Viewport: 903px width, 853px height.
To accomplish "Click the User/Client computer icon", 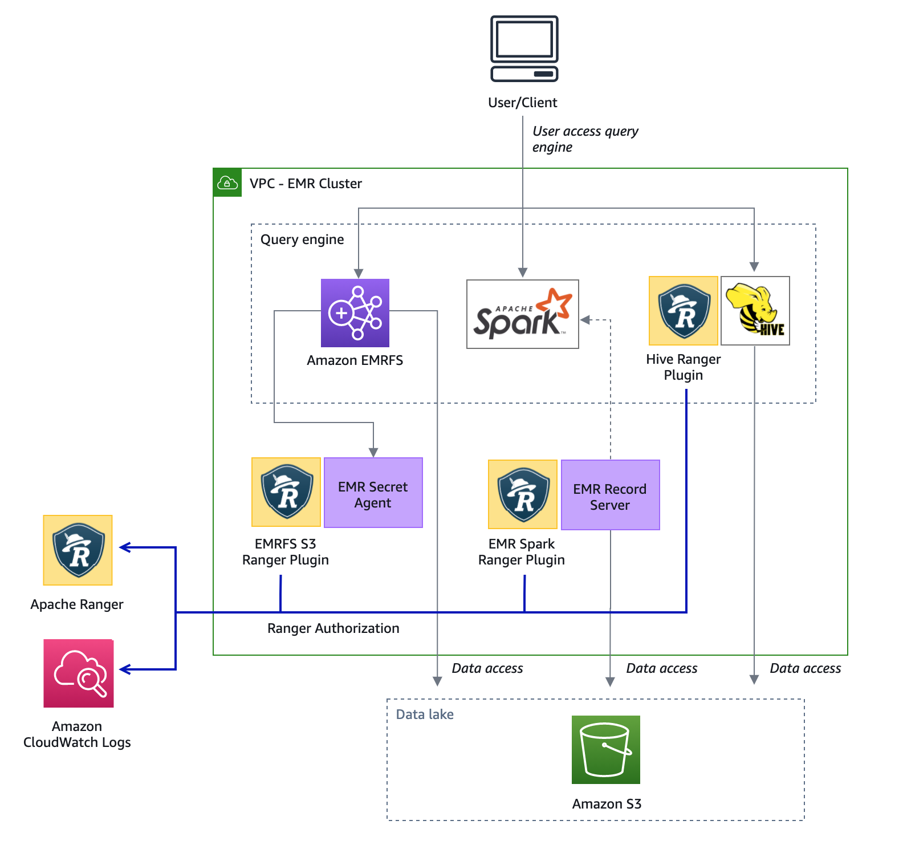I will click(x=524, y=49).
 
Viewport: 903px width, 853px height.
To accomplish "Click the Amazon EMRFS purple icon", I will click(x=355, y=313).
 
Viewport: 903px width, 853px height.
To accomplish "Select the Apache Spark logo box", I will click(x=522, y=314).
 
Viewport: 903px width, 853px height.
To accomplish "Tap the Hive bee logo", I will click(x=755, y=311).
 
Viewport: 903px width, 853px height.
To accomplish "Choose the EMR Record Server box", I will click(x=610, y=495).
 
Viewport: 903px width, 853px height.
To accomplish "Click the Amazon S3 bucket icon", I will click(x=605, y=750).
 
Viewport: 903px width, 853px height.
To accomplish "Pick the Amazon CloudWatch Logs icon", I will click(x=79, y=673).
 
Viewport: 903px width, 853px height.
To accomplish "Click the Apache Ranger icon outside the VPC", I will click(x=78, y=550).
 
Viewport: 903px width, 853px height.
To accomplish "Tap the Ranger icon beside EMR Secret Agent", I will click(x=286, y=492).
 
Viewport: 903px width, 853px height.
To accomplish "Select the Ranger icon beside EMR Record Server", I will click(x=523, y=495).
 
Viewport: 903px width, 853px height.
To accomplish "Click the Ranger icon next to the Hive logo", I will click(x=684, y=311).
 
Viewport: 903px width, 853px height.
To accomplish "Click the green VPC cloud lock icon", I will click(x=227, y=183).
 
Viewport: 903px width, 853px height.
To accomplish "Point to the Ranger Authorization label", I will click(x=333, y=628).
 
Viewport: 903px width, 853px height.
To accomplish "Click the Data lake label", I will click(x=425, y=714).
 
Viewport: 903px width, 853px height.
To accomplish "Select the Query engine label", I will click(x=302, y=239).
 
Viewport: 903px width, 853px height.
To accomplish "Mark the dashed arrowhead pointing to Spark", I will click(x=585, y=320).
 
